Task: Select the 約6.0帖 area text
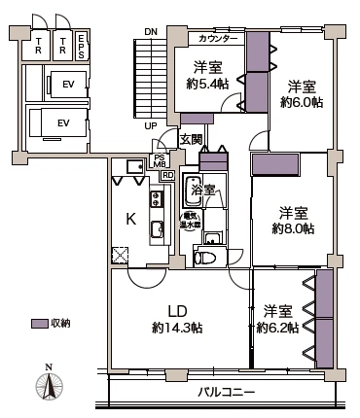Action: point(301,101)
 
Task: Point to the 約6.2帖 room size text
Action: point(277,328)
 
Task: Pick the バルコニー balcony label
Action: point(226,391)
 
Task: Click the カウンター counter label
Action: point(217,40)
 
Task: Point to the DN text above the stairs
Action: point(150,31)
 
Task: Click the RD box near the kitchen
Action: point(167,176)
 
